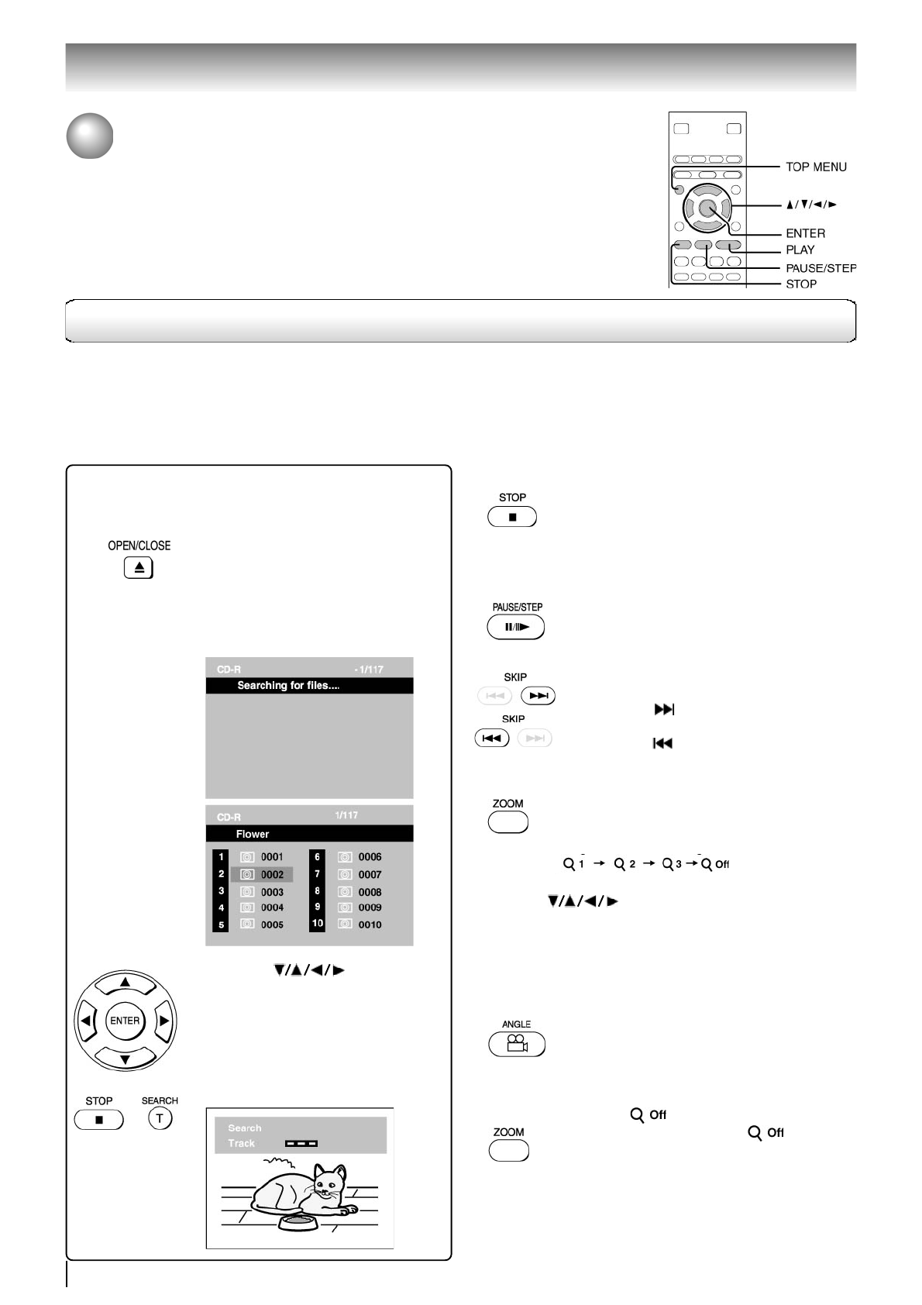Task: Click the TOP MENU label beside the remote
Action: (816, 167)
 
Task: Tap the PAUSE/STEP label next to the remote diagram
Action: (821, 268)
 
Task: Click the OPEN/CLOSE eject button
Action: (139, 568)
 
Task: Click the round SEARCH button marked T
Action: (160, 1118)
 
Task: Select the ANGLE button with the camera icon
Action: (517, 1045)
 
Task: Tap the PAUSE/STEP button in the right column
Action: (516, 627)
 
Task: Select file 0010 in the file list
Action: (370, 925)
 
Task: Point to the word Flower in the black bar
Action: (253, 834)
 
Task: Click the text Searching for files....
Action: (288, 686)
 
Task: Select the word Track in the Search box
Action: (241, 1143)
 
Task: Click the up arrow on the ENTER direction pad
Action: (125, 983)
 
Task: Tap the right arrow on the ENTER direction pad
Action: (163, 1021)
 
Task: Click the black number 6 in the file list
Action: (317, 857)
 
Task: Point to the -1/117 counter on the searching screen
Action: (369, 670)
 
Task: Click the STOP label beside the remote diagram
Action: (801, 284)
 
